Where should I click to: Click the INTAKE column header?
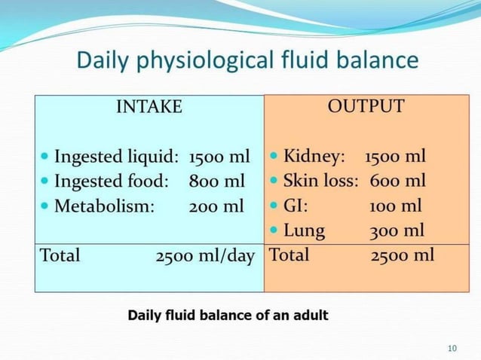click(149, 106)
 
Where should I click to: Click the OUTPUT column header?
click(366, 106)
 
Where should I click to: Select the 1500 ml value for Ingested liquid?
click(219, 157)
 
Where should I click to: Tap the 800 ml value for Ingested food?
click(217, 182)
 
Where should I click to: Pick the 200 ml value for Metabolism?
click(216, 206)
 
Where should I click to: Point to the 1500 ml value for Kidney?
click(395, 157)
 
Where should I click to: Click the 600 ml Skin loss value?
click(397, 182)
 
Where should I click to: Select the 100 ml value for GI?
click(396, 206)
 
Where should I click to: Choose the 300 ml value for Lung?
click(397, 230)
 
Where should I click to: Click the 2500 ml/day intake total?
click(205, 255)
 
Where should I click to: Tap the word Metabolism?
click(105, 206)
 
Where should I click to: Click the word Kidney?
click(314, 157)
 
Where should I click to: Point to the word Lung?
click(304, 230)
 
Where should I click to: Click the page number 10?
click(452, 347)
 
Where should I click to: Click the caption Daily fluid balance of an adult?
click(228, 315)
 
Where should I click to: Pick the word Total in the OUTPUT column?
click(289, 255)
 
